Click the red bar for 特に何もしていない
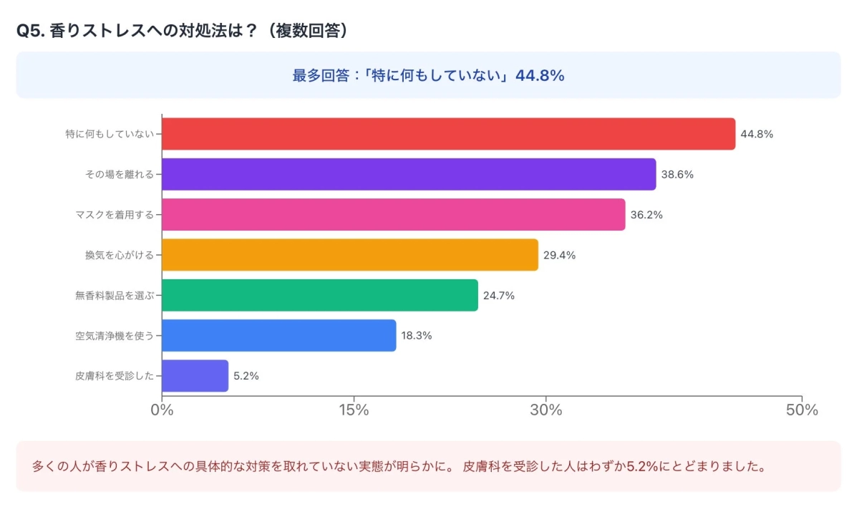[x=448, y=134]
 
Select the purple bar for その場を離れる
[x=409, y=174]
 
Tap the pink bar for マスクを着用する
[x=393, y=215]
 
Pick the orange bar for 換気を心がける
[x=349, y=255]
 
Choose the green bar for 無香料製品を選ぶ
[x=319, y=295]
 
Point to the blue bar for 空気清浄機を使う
[x=278, y=335]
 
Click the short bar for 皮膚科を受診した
[x=195, y=376]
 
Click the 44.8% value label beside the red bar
[x=757, y=134]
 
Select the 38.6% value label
[x=677, y=174]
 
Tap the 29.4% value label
[x=559, y=255]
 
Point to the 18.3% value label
[x=417, y=335]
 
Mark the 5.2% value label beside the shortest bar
[x=246, y=376]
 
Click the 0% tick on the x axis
[x=162, y=410]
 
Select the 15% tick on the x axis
[x=354, y=410]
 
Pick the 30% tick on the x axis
[x=546, y=410]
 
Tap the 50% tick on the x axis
[x=802, y=410]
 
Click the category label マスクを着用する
[x=115, y=215]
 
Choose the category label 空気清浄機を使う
[x=115, y=335]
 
